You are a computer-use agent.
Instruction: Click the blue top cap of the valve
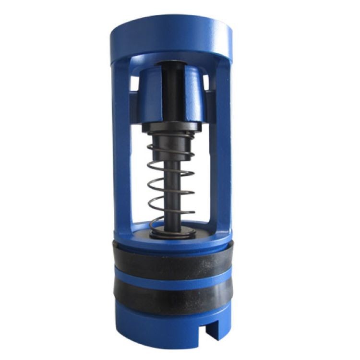[x=171, y=38]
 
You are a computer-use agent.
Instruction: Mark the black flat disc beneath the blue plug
[x=171, y=128]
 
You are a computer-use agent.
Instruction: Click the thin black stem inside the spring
[x=171, y=192]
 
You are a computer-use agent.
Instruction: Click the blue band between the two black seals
[x=171, y=278]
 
